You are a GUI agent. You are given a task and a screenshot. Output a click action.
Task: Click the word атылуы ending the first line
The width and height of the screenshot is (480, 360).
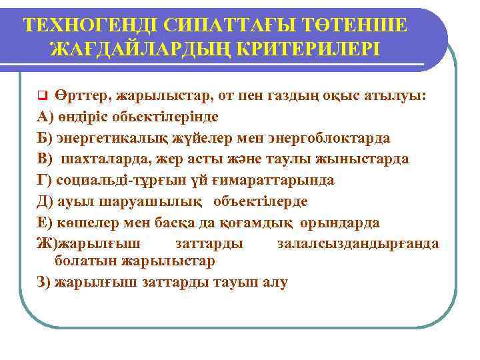coord(394,95)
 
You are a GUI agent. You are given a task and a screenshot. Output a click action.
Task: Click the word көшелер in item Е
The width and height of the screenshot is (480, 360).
coord(81,222)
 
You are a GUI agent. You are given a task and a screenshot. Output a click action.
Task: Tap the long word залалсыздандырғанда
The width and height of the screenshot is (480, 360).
coord(358,243)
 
